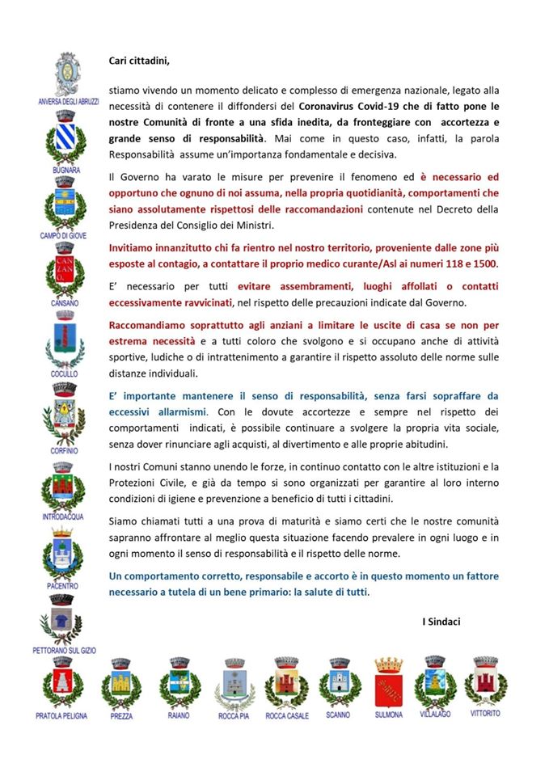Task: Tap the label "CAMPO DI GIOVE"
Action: click(64, 235)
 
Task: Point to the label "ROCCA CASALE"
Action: click(287, 715)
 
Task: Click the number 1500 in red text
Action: click(484, 264)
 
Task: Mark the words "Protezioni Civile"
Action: click(145, 482)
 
